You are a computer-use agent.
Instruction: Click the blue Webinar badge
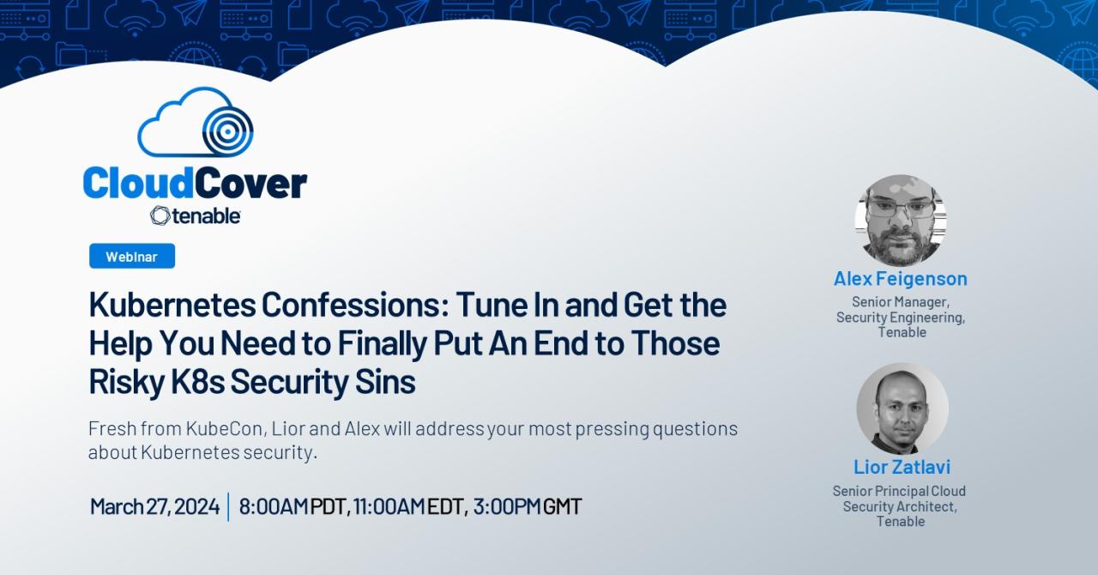pyautogui.click(x=131, y=256)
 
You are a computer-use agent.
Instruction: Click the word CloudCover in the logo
pyautogui.click(x=195, y=184)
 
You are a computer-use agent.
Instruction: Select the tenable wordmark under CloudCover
pyautogui.click(x=196, y=215)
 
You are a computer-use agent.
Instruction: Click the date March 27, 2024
pyautogui.click(x=154, y=506)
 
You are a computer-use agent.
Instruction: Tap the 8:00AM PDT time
pyautogui.click(x=293, y=506)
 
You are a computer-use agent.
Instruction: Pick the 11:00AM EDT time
pyautogui.click(x=408, y=506)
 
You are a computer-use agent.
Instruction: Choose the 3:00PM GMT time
pyautogui.click(x=527, y=506)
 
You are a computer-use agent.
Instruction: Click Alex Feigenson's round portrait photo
pyautogui.click(x=901, y=220)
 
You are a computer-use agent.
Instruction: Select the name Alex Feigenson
pyautogui.click(x=901, y=278)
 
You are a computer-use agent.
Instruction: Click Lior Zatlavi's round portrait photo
pyautogui.click(x=902, y=409)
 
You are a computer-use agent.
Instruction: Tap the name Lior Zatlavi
pyautogui.click(x=902, y=467)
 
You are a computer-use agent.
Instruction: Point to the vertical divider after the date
pyautogui.click(x=228, y=506)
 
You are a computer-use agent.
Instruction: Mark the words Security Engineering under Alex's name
pyautogui.click(x=901, y=318)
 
